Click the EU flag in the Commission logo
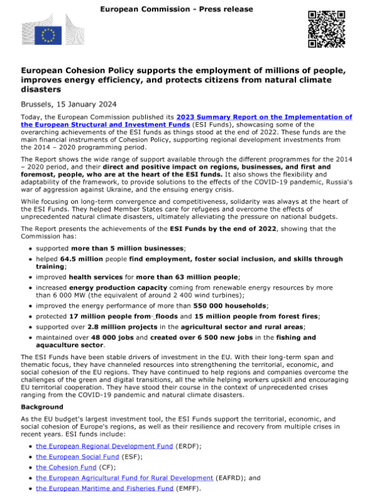[x=47, y=36]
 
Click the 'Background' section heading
[x=45, y=406]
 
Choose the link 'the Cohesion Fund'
[x=65, y=467]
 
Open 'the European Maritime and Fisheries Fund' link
[x=104, y=488]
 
